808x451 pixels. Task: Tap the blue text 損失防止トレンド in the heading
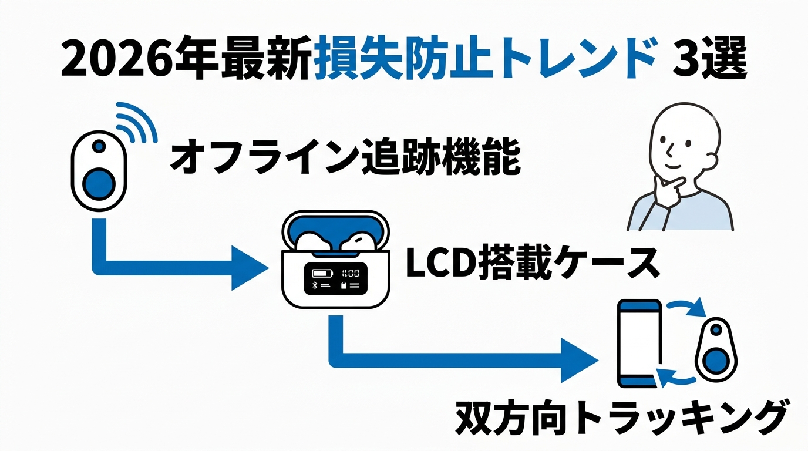click(484, 59)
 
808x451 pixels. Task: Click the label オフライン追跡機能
click(345, 156)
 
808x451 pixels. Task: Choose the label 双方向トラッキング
click(620, 416)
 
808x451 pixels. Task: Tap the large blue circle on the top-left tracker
click(99, 183)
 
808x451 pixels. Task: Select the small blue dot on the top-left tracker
click(99, 145)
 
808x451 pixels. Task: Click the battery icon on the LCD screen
click(322, 273)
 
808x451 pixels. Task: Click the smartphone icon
click(640, 343)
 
